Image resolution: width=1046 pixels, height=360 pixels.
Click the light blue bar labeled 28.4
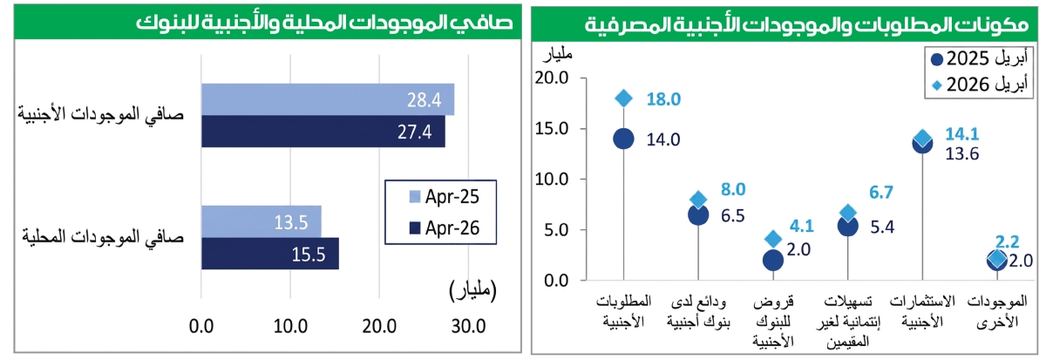[328, 99]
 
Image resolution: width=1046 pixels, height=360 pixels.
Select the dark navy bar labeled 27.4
[323, 132]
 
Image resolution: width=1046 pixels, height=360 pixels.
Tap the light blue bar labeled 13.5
[261, 221]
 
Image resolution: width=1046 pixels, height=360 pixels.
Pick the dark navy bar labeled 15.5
[270, 254]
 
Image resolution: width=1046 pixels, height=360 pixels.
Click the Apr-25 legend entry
[444, 197]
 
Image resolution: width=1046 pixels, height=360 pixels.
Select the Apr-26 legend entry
[444, 228]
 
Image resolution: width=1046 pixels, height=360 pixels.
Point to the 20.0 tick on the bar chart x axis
[379, 326]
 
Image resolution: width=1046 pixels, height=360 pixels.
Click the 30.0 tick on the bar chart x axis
[468, 326]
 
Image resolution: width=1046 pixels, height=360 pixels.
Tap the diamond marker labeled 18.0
[624, 98]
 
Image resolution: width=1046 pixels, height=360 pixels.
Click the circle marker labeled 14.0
[624, 139]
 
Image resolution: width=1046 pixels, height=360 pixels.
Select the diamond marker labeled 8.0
[698, 200]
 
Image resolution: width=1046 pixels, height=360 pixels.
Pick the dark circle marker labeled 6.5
[698, 214]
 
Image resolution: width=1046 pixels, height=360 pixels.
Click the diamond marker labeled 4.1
[773, 239]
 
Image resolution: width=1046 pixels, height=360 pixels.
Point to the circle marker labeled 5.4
[848, 226]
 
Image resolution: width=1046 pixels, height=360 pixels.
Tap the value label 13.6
[962, 153]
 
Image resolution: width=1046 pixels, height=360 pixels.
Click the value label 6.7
[881, 192]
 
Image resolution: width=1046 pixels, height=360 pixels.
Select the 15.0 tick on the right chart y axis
[552, 128]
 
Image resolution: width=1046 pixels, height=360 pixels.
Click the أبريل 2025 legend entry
[979, 58]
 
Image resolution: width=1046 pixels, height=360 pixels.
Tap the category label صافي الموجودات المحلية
[103, 237]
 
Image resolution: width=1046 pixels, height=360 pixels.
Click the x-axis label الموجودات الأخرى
[997, 311]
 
